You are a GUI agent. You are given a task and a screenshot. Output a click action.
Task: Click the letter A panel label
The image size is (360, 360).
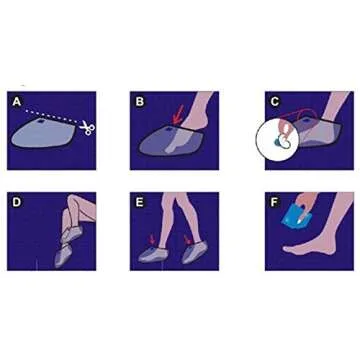[16, 101]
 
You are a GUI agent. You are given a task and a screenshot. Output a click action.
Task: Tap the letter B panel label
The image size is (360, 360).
[140, 101]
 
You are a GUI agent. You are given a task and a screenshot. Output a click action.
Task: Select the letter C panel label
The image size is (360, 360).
[275, 101]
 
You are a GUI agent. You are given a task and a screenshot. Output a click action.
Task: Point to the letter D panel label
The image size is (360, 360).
[16, 202]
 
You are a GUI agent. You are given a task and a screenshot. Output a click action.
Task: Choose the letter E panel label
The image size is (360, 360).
[140, 202]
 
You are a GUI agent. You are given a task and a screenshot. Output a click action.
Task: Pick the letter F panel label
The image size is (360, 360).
[274, 202]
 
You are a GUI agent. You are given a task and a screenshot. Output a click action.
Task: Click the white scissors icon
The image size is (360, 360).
[87, 128]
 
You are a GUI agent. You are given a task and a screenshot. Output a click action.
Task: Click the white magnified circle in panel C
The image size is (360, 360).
[277, 141]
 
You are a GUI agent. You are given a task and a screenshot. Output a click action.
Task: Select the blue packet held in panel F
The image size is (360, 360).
[295, 215]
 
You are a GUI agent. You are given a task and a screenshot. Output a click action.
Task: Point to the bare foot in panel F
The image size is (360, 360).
[307, 245]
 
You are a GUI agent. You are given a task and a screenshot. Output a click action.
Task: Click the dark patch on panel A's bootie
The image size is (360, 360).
[41, 122]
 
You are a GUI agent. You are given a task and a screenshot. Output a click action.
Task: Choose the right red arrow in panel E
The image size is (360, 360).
[188, 240]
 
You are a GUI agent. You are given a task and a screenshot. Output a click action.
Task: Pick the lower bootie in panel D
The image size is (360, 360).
[64, 256]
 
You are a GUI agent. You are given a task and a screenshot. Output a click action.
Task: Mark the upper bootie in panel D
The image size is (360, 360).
[72, 233]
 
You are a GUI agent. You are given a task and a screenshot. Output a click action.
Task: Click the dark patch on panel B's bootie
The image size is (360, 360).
[169, 128]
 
